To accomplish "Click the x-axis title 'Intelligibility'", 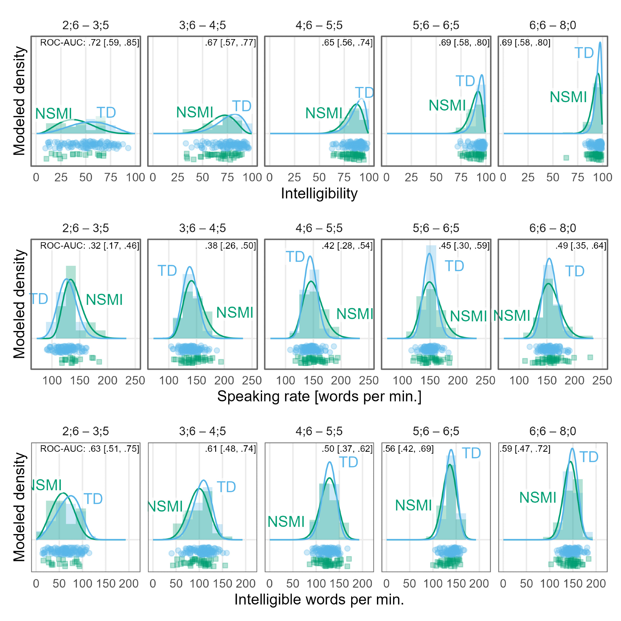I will [x=319, y=193].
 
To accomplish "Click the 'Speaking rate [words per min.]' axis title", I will [x=319, y=396].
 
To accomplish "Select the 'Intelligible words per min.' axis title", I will [x=319, y=600].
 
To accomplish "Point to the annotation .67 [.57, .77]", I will [x=230, y=43].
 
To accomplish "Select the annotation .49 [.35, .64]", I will [x=581, y=246].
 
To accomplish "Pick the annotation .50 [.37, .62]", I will [x=347, y=449].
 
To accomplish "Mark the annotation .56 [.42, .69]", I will [x=408, y=449].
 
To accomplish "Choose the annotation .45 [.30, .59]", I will [x=464, y=246].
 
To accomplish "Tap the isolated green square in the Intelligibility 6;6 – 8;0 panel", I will [x=566, y=158].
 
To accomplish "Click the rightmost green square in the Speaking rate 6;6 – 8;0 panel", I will [x=590, y=357].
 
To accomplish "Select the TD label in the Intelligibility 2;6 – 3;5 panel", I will [x=106, y=113].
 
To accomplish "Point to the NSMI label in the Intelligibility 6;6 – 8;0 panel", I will [x=568, y=97].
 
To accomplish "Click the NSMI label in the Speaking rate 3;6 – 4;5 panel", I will [x=235, y=313].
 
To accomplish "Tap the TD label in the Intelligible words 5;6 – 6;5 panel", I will [x=471, y=454].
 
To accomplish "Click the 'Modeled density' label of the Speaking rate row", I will [x=19, y=304].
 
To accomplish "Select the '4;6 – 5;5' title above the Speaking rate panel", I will [x=319, y=228].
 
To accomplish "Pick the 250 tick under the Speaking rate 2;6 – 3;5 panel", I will [x=135, y=381].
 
